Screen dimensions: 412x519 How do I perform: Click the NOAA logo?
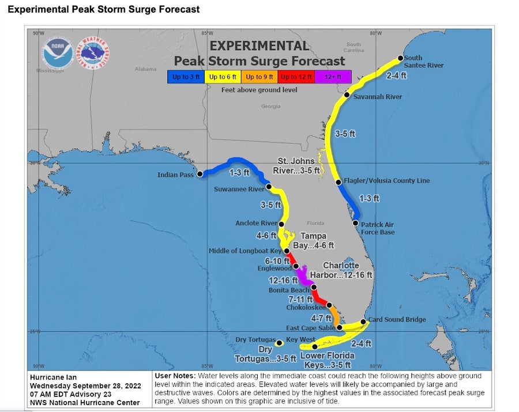point(58,55)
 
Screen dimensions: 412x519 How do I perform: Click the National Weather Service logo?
point(94,55)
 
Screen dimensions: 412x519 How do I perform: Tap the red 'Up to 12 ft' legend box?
point(295,77)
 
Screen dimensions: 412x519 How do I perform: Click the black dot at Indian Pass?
point(200,173)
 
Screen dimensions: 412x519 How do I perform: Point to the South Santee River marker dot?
point(399,58)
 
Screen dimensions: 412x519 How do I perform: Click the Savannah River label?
point(378,97)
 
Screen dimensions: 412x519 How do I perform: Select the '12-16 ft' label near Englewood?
point(283,280)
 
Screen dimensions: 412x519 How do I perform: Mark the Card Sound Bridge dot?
point(363,322)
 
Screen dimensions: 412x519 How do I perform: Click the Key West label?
point(300,340)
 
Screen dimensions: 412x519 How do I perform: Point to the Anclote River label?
point(256,224)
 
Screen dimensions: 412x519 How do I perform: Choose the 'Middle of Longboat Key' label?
point(245,251)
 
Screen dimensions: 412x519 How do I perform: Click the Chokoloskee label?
point(306,308)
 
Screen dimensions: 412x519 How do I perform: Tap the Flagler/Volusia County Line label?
point(386,181)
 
